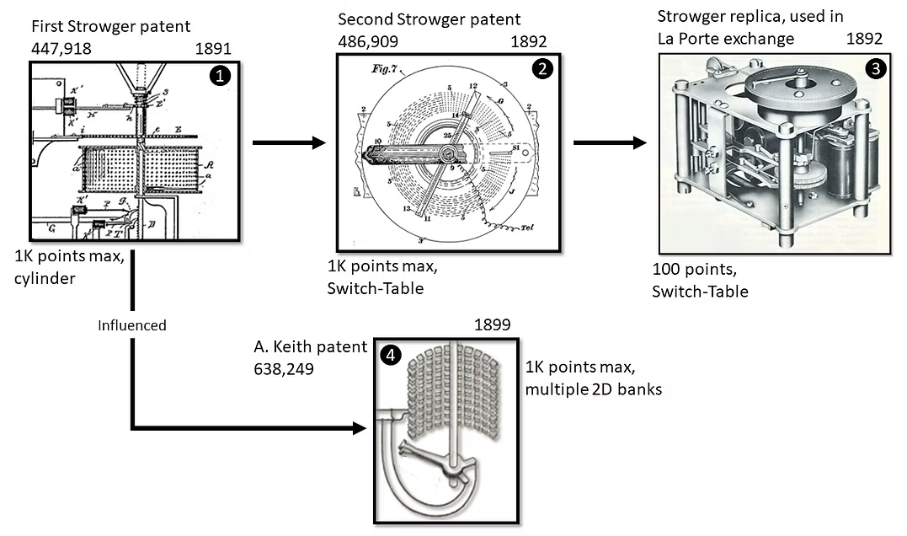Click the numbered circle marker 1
221,76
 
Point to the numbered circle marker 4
390,356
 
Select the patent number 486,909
368,40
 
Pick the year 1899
493,325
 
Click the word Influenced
132,325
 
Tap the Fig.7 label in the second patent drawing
371,71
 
